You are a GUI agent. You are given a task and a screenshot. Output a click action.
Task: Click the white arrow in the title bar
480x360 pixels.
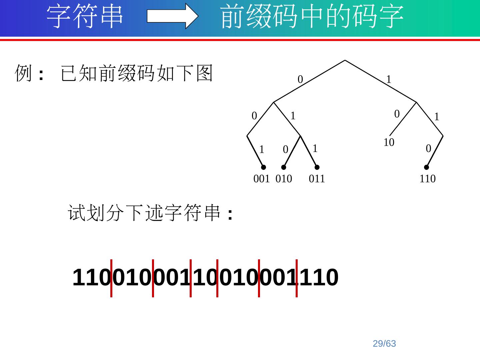pos(172,16)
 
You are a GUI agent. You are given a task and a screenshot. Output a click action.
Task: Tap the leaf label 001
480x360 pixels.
pos(261,179)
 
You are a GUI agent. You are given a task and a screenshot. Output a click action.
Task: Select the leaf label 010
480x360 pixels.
pos(284,179)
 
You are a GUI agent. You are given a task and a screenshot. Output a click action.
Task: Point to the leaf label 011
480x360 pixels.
pos(317,179)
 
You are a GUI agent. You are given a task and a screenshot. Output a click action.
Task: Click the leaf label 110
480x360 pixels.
pos(427,179)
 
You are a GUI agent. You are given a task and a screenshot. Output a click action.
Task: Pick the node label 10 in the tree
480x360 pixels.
pos(389,142)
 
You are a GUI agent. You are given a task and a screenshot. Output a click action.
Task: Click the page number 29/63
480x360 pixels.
pos(384,344)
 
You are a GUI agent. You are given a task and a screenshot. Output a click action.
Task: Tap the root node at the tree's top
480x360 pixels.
pos(345,61)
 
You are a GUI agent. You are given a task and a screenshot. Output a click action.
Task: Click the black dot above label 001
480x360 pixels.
pos(263,167)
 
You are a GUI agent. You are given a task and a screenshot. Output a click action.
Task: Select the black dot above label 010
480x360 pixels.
pos(284,167)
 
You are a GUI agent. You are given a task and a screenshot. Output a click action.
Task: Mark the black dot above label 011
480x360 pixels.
pos(317,167)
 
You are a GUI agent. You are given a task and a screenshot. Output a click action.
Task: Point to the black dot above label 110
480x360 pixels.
pos(426,167)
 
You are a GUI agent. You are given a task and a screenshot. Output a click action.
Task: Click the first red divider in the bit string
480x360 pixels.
pos(111,278)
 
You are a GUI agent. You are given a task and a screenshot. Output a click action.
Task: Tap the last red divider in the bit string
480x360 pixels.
pos(296,278)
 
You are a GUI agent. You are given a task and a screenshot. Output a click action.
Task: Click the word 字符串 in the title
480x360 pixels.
pos(85,16)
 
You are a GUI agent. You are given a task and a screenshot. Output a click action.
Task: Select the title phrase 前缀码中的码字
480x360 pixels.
pos(312,16)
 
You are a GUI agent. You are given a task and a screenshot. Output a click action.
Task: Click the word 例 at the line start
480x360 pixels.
pos(23,73)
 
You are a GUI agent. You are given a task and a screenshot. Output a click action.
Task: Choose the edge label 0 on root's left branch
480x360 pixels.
pos(300,79)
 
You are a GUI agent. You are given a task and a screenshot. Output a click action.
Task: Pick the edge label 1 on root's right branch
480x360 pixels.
pos(389,79)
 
